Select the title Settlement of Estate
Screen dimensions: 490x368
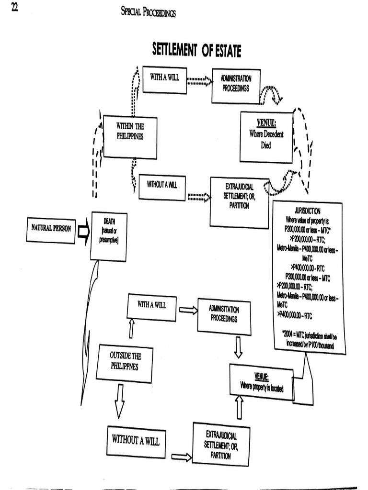coord(196,50)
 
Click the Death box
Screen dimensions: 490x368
coord(109,236)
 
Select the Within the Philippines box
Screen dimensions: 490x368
coord(130,136)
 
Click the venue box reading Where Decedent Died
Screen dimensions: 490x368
coord(266,137)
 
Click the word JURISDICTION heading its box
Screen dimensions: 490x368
coord(307,211)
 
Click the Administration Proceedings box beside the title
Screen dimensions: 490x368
coord(235,85)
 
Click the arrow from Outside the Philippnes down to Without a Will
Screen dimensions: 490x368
coord(119,401)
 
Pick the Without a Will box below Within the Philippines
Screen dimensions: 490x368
coord(162,188)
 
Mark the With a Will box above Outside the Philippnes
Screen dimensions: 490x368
coord(151,306)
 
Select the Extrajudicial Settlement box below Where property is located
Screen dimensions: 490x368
coord(221,444)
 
